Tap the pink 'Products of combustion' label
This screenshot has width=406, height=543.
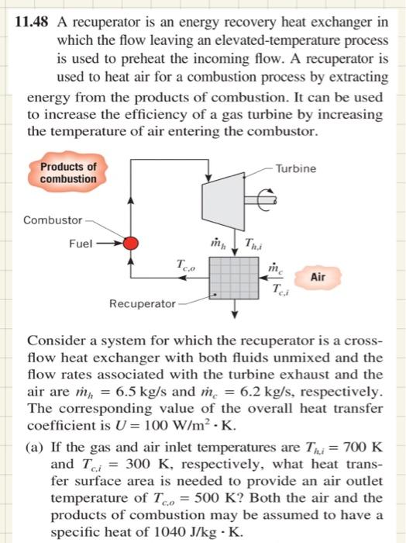pos(68,172)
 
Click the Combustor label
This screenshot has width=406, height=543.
pos(52,220)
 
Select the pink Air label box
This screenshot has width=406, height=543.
pos(318,277)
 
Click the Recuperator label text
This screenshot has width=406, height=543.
pos(142,303)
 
